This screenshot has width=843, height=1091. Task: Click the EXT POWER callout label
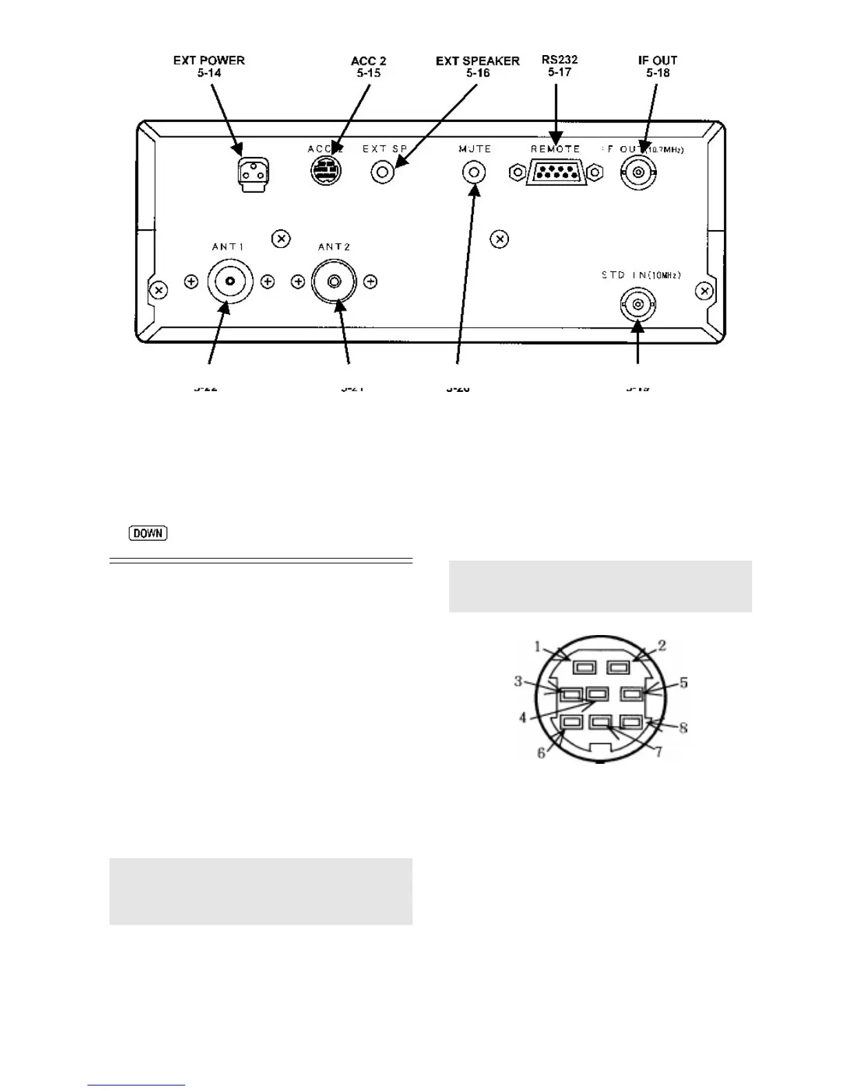(x=209, y=66)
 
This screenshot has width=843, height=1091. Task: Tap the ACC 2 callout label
(x=368, y=66)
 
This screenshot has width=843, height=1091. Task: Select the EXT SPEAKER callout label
(x=477, y=66)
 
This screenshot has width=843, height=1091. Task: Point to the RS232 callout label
(x=559, y=65)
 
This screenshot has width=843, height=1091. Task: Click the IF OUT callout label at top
(x=657, y=66)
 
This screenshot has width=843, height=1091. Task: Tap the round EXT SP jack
(x=384, y=172)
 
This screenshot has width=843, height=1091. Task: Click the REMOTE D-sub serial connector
(x=555, y=173)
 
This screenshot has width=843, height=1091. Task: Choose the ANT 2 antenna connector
(x=334, y=282)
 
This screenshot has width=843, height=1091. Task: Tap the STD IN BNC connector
(x=638, y=302)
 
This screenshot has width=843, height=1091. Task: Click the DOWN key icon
(x=147, y=533)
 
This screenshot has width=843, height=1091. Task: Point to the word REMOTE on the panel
(x=555, y=149)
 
